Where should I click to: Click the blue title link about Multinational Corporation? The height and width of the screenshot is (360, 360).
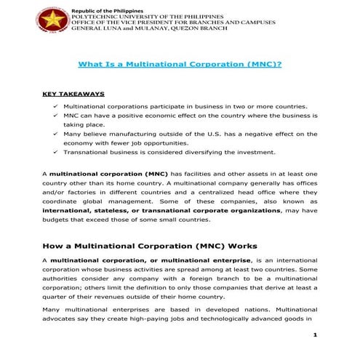(x=180, y=64)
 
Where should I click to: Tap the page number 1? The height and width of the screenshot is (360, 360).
(x=315, y=335)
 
